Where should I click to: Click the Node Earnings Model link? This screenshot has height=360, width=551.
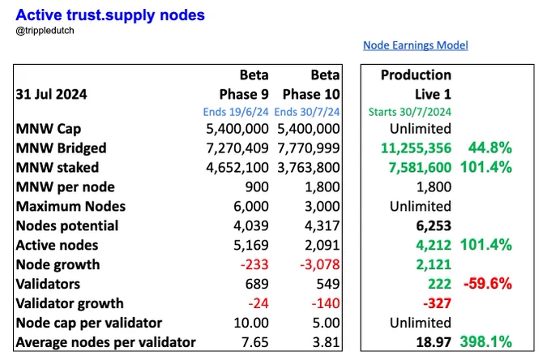[416, 45]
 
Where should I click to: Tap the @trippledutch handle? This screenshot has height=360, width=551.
[45, 31]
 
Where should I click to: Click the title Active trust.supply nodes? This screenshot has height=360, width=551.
[110, 15]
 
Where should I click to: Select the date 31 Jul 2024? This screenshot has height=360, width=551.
[51, 94]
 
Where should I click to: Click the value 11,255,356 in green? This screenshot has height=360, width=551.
[416, 148]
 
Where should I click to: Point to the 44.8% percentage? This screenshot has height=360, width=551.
[490, 148]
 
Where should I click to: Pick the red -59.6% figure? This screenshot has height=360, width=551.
[488, 283]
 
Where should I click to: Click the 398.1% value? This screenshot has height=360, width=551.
[486, 341]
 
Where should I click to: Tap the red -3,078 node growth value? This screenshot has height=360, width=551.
[320, 264]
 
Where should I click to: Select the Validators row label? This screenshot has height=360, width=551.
[48, 284]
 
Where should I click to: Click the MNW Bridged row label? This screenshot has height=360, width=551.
[61, 148]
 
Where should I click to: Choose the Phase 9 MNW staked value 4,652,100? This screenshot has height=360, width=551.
[237, 167]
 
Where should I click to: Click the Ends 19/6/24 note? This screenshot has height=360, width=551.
[236, 112]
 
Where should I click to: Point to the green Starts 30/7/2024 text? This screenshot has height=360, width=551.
[410, 112]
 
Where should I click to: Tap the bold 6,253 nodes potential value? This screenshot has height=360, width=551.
[434, 225]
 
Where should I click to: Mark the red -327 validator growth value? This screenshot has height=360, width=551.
[437, 303]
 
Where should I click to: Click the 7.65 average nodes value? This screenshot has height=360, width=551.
[255, 342]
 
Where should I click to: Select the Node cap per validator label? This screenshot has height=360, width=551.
[89, 323]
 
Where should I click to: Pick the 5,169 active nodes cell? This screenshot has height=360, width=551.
[251, 245]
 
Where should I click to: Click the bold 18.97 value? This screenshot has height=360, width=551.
[434, 342]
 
